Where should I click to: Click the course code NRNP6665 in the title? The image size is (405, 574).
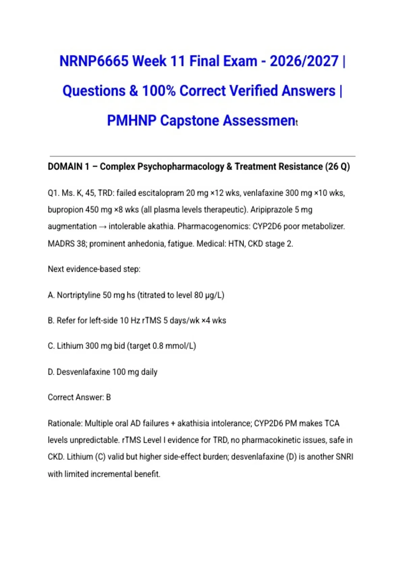tap(94, 61)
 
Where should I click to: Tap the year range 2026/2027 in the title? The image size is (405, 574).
tap(304, 61)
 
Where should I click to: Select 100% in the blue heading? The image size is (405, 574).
tap(159, 91)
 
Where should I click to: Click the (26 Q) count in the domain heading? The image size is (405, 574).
tap(337, 166)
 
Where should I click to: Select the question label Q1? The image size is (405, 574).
tap(53, 193)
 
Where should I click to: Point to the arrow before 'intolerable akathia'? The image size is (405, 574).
tap(102, 227)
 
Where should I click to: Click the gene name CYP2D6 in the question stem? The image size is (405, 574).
tap(267, 226)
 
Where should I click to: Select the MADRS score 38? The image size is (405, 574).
tap(81, 243)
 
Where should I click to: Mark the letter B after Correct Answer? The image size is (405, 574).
tap(108, 397)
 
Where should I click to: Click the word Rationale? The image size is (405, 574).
tap(64, 423)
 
